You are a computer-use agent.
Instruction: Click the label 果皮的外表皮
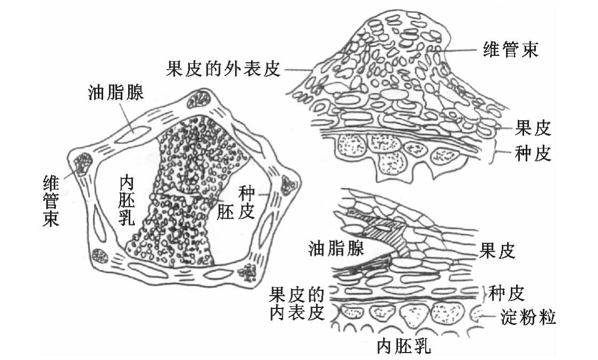point(223,69)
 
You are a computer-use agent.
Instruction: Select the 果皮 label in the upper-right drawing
point(533,128)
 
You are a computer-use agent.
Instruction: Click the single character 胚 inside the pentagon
point(225,212)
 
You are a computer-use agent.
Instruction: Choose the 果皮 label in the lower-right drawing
point(498,250)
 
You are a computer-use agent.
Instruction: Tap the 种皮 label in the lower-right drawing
point(507,292)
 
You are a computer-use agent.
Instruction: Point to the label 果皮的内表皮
point(297,303)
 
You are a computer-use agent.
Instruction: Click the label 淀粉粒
point(528,318)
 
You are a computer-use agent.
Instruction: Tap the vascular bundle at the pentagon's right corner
point(290,185)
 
